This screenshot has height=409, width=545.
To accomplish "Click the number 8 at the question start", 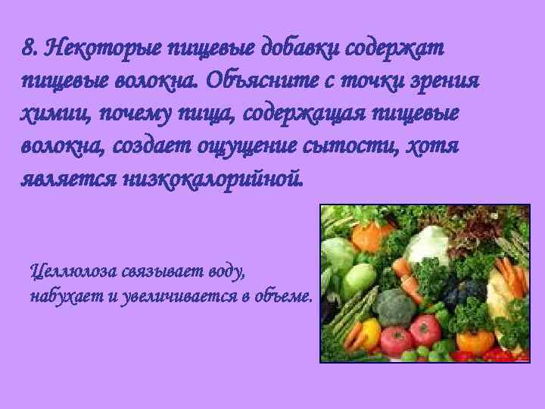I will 29,49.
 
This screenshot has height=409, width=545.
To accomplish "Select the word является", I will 66,180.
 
